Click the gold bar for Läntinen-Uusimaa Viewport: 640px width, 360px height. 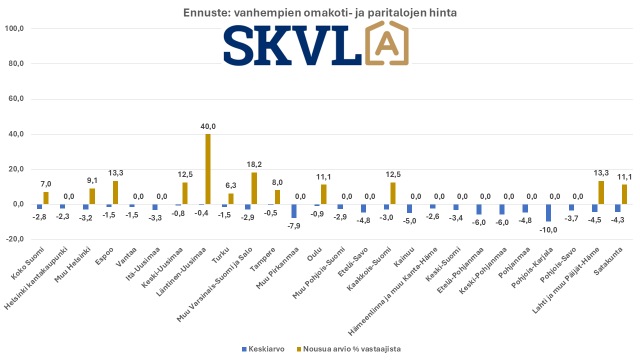point(208,169)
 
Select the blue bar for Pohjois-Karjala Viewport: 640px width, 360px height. point(548,212)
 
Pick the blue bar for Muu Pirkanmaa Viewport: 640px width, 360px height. point(294,211)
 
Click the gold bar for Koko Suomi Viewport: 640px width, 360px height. point(46,198)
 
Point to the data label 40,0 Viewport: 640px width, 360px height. point(207,126)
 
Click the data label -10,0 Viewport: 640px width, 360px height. point(548,230)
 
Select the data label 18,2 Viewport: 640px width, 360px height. point(254,164)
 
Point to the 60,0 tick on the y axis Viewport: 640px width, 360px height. point(14,99)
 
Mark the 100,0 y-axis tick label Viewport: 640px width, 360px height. point(14,28)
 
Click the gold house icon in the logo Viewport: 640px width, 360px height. point(387,44)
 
